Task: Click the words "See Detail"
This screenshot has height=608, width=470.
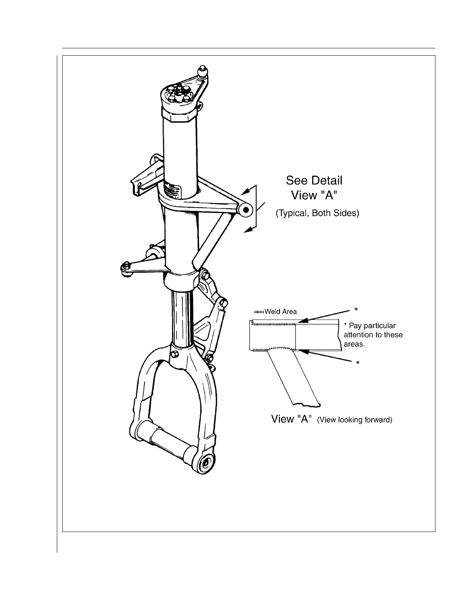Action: [x=314, y=180]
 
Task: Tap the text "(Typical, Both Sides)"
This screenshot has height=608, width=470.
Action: [x=317, y=213]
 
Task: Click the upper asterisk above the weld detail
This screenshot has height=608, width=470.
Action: [x=356, y=310]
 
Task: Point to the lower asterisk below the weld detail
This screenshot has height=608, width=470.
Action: [x=357, y=363]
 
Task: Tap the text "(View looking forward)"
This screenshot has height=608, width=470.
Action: [x=354, y=420]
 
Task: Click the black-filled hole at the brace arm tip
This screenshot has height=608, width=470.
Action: [x=246, y=210]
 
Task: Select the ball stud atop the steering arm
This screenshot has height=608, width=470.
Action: [x=202, y=72]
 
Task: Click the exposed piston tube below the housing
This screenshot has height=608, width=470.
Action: [x=180, y=319]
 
